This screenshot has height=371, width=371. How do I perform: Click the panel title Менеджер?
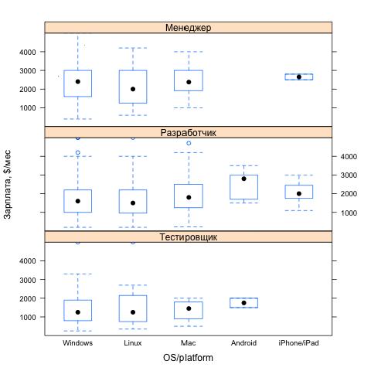pos(188,28)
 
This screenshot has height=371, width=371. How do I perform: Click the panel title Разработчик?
pos(188,133)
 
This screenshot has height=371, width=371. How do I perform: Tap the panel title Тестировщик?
pos(188,237)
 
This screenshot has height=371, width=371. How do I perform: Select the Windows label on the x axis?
pos(77,343)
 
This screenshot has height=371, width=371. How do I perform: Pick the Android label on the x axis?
pos(243,343)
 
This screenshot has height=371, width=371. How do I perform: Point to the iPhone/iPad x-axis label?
pos(298,343)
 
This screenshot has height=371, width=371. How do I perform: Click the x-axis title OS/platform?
pos(188,358)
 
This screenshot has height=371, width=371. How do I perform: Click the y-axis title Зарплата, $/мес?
pos(8,184)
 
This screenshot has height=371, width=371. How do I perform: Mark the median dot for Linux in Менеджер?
pos(133,89)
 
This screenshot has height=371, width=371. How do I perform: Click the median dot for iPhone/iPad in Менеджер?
pos(299,77)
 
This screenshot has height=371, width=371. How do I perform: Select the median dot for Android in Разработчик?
pos(243,179)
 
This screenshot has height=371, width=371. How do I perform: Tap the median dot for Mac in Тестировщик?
pos(189,308)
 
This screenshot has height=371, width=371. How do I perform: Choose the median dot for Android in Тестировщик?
pos(243,303)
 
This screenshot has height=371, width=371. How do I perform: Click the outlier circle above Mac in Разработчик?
pos(189,143)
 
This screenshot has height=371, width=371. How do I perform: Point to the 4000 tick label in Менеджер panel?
pos(28,52)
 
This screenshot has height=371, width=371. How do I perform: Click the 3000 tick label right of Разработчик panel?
pos(349,175)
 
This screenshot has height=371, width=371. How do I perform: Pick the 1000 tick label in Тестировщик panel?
pos(28,317)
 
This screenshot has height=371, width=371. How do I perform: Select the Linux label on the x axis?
pos(133,343)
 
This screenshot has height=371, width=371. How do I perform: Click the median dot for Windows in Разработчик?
pos(78,201)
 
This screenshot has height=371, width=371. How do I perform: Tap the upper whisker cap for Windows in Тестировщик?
pos(77,274)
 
